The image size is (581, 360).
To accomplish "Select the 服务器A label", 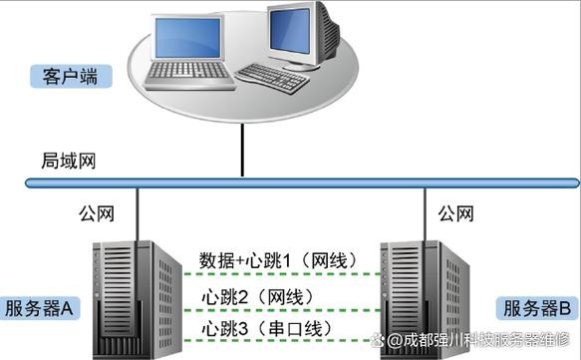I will tap(41, 307).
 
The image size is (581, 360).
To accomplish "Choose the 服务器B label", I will tap(534, 307).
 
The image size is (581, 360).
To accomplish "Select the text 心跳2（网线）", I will tap(257, 296).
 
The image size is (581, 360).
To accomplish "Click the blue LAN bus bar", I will tap(299, 183).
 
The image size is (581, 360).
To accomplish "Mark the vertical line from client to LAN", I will tap(241, 150).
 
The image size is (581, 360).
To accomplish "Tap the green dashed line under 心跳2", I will tap(269, 309).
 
